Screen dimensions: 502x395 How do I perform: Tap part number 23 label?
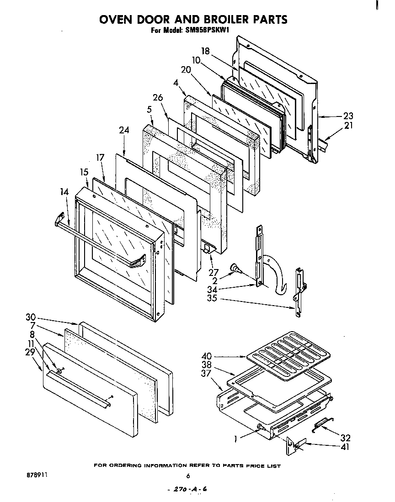click(348, 116)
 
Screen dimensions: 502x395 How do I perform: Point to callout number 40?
click(206, 356)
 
